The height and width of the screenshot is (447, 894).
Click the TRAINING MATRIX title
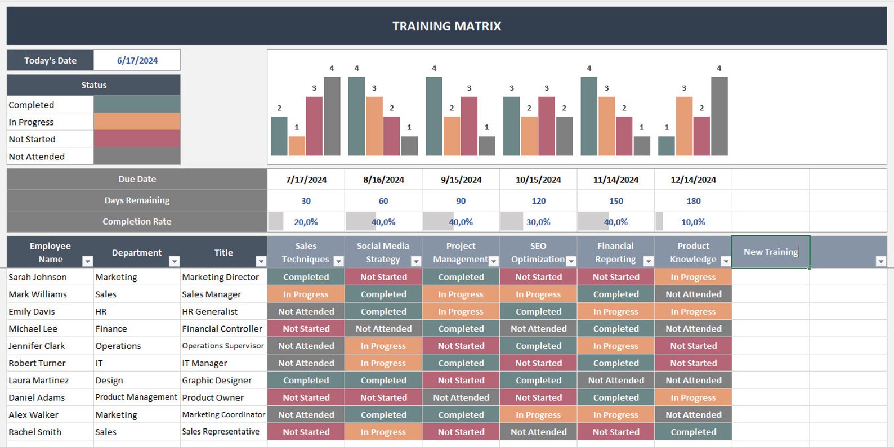point(446,26)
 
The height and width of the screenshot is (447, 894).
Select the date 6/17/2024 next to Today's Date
point(137,61)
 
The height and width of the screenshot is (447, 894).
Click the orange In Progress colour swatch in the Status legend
point(137,122)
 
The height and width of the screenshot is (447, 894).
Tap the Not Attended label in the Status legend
point(37,157)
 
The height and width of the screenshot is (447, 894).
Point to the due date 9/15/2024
point(461,180)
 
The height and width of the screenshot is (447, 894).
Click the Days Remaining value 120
point(538,201)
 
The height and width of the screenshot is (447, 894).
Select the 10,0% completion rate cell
point(693,222)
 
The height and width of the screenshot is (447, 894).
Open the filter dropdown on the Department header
point(175,261)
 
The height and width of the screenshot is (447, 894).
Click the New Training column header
point(770,252)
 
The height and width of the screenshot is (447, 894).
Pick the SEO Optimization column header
point(538,252)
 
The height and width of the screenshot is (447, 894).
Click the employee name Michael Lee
point(33,329)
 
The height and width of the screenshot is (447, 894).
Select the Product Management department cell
point(136,397)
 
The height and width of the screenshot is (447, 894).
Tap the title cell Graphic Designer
point(217,381)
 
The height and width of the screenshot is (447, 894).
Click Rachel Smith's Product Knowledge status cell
point(693,432)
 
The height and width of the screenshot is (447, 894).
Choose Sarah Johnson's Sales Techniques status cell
point(306,277)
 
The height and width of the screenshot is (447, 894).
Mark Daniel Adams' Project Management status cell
point(461,397)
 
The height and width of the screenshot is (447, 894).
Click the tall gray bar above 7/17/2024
point(332,116)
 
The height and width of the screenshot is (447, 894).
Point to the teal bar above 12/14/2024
point(666,146)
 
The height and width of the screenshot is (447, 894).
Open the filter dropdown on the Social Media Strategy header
point(416,261)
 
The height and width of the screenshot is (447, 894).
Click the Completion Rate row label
point(137,222)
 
